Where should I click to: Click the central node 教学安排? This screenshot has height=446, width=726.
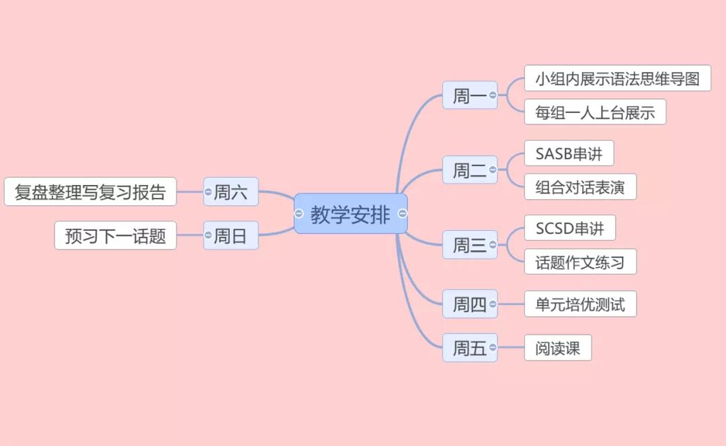350,214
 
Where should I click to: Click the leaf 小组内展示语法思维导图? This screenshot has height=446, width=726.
617,79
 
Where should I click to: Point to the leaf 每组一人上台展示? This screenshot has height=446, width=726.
595,112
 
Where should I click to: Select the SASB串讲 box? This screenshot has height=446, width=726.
569,153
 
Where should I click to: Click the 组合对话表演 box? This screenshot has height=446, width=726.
579,187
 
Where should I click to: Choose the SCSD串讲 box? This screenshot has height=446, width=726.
569,228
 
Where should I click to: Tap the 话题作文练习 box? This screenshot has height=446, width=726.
579,262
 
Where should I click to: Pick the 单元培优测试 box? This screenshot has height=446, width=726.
579,304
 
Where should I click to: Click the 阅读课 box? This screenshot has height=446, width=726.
557,348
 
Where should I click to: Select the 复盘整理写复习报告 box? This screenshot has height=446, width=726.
90,192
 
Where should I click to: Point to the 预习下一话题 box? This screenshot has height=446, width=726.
115,236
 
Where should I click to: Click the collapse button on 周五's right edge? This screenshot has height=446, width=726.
493,348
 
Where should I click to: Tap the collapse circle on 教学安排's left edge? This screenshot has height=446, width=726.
299,214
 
